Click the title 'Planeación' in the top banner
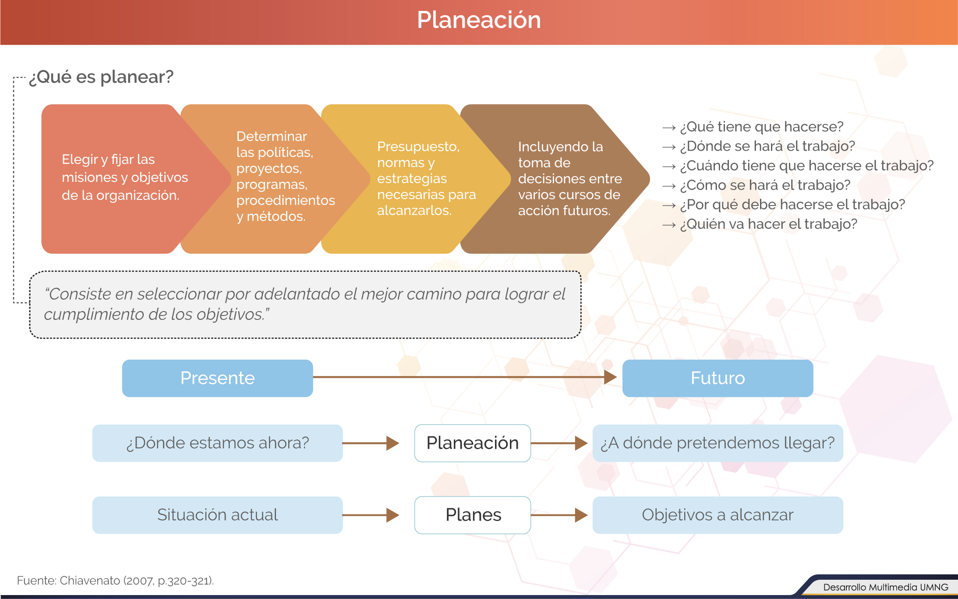(479, 20)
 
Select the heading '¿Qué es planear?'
(101, 77)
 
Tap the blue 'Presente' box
(217, 378)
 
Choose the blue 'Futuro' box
(718, 378)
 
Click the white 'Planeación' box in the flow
(473, 443)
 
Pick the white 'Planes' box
(473, 515)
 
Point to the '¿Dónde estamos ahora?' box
(217, 443)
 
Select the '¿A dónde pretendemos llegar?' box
(718, 443)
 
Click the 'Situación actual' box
(217, 515)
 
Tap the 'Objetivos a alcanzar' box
(718, 515)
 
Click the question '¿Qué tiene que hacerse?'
(762, 127)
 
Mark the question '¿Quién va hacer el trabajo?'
(769, 224)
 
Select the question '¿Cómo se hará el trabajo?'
(765, 185)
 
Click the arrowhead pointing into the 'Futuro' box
(611, 377)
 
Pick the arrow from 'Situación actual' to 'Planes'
(371, 515)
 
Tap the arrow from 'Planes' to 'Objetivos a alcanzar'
(559, 515)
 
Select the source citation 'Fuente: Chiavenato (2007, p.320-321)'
(115, 581)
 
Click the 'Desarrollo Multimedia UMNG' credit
(886, 587)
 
